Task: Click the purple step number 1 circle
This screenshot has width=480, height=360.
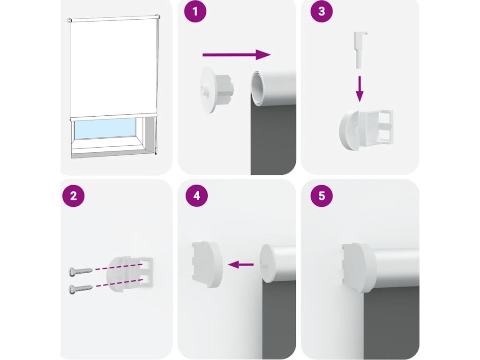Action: (x=195, y=12)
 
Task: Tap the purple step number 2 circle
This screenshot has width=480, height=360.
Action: (x=73, y=196)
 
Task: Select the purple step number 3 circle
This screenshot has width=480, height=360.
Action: (x=322, y=12)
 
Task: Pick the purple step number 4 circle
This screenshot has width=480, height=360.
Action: (x=197, y=196)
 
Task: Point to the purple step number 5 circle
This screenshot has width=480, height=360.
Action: (x=322, y=196)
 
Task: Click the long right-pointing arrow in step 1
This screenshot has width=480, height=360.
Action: (x=237, y=55)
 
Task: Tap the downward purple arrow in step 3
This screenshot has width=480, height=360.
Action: (x=360, y=89)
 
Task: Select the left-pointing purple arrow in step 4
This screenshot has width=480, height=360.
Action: (x=241, y=264)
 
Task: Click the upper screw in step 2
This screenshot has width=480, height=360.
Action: (x=81, y=271)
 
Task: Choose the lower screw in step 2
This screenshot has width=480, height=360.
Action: (x=81, y=289)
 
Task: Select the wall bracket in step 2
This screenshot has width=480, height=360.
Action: (x=129, y=275)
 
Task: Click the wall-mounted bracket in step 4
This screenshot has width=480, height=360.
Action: (x=207, y=264)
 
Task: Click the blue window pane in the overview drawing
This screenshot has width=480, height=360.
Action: (x=105, y=128)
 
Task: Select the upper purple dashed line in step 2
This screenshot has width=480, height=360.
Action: (x=119, y=266)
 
